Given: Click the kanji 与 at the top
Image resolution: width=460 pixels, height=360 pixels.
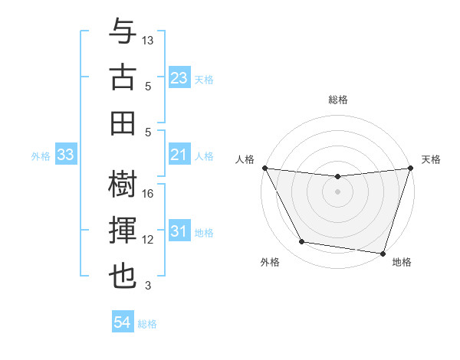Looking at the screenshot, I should click(122, 32).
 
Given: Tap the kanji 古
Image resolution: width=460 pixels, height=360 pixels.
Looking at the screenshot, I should click(122, 77).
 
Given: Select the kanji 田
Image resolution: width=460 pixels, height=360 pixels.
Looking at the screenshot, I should click(122, 123).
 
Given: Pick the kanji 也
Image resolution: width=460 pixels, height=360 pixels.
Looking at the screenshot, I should click(122, 277).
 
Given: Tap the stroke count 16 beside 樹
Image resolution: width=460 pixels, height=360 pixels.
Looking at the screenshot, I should click(149, 194).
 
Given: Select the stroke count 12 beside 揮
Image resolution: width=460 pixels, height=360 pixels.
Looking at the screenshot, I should click(149, 240).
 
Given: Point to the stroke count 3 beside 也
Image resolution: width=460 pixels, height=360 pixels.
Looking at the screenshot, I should click(149, 286).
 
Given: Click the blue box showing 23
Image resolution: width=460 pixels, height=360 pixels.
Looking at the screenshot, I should click(179, 78).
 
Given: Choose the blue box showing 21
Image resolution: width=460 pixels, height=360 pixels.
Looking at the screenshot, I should click(179, 155).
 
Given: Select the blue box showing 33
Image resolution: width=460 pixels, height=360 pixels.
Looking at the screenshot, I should click(65, 155).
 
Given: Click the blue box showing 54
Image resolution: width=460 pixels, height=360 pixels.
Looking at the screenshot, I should click(122, 322).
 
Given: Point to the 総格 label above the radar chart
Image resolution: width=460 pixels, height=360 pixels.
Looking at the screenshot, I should click(337, 100).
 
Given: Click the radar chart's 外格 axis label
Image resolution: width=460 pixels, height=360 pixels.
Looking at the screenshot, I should click(270, 262).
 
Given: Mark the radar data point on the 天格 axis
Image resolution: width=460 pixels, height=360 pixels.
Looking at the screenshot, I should click(410, 169).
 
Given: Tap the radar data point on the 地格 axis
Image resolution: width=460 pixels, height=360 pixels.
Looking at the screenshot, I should click(383, 253).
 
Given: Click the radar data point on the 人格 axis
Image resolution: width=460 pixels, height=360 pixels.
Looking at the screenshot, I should click(264, 168).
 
